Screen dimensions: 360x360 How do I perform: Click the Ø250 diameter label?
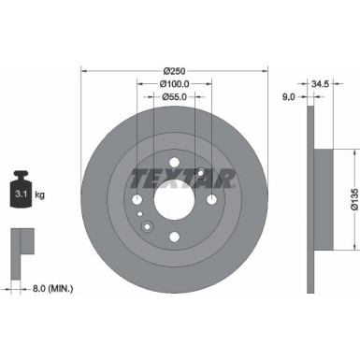[174, 71]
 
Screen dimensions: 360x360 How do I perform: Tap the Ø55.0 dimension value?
[174, 96]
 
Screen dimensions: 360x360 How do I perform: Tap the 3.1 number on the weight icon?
[18, 197]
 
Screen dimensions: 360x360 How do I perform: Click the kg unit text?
[39, 197]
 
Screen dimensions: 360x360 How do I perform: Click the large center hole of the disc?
[174, 200]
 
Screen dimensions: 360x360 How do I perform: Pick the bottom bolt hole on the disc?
[174, 238]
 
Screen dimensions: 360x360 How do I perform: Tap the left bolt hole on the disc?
[137, 200]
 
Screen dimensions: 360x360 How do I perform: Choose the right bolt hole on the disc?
[211, 200]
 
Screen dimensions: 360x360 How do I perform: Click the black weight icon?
[19, 193]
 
